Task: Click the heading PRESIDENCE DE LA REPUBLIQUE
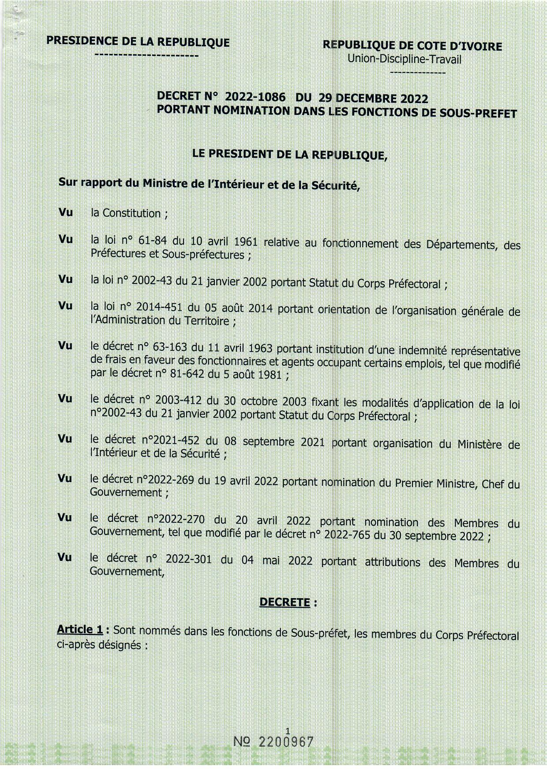click(138, 42)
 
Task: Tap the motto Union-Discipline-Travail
click(404, 59)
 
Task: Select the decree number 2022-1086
click(255, 97)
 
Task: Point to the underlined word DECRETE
click(285, 602)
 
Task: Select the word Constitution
click(131, 213)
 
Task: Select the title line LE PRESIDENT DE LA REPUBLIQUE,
click(290, 154)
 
